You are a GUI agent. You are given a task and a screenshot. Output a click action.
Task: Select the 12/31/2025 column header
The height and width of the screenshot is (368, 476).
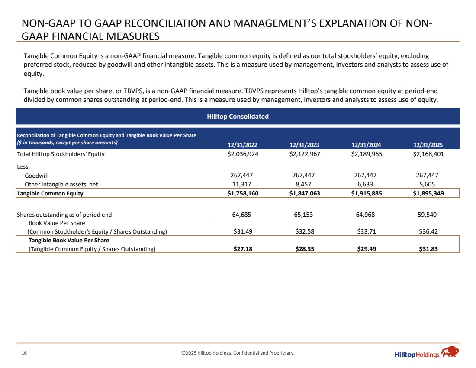(x=428, y=145)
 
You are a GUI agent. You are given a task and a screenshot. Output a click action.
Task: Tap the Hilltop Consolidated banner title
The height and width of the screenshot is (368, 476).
(x=238, y=117)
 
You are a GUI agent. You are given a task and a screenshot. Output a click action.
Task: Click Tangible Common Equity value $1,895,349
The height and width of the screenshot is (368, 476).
(x=428, y=193)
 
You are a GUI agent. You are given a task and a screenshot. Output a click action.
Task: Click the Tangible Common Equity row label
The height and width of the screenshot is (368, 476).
(x=50, y=193)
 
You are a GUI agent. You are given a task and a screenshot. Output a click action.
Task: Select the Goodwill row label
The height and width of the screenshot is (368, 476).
(x=37, y=176)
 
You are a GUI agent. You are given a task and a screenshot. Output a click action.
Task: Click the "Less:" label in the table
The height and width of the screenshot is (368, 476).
(x=24, y=166)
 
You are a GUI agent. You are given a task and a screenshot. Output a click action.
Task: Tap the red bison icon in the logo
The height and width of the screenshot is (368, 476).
(x=450, y=352)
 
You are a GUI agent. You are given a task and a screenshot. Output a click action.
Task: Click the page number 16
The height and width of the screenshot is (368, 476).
(x=24, y=353)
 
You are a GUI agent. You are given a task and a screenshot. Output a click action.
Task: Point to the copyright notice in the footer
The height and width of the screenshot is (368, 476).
(x=238, y=353)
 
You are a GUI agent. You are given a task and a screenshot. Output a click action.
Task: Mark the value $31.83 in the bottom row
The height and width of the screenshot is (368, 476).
(x=428, y=248)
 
